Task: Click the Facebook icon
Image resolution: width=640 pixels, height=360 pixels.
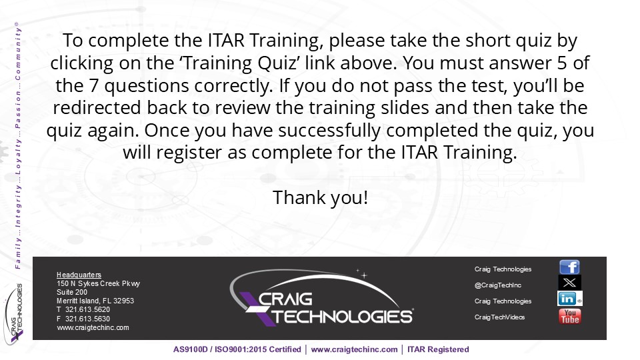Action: click(x=569, y=267)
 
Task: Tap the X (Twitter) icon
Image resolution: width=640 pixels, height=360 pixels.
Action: click(x=569, y=283)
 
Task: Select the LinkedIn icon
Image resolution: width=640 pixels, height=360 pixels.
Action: click(x=570, y=299)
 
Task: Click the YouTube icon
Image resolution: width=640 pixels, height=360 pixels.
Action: click(x=570, y=316)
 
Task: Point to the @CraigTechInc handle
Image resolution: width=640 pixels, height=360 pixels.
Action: click(x=497, y=285)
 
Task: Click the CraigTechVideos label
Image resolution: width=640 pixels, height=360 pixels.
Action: click(x=499, y=317)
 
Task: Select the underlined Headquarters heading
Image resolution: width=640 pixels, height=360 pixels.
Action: click(x=79, y=275)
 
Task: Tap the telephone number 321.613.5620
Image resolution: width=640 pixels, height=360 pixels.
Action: click(x=87, y=309)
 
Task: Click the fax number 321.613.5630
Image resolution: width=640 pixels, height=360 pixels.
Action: click(x=87, y=319)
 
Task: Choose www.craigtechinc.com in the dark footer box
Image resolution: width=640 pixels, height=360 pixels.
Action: click(x=93, y=327)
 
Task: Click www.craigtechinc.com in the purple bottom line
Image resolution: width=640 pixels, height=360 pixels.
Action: click(x=354, y=349)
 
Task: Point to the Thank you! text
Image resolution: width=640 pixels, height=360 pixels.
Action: click(x=321, y=197)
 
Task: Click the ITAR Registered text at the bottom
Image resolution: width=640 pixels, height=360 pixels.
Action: click(x=438, y=349)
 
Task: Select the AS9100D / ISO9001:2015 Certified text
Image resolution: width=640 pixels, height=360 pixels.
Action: click(x=237, y=349)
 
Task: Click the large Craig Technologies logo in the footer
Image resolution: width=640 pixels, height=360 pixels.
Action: click(x=321, y=297)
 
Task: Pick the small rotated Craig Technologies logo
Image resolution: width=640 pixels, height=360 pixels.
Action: click(x=13, y=313)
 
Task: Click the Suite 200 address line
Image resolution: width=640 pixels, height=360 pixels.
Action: click(x=72, y=292)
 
